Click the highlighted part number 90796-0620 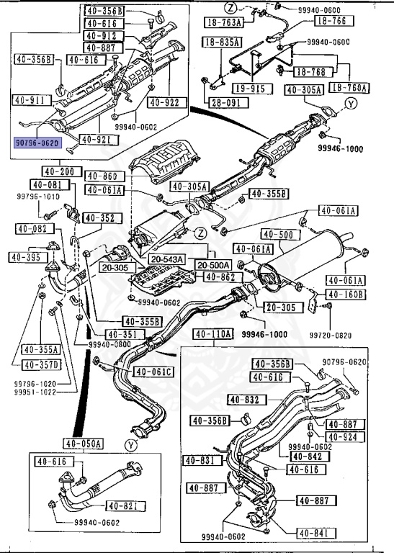coord(39,143)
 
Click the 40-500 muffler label coord(277,234)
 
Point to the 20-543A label coord(167,258)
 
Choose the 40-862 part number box coord(220,276)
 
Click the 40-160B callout coord(346,294)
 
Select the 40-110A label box coord(213,334)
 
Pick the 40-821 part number coord(124,505)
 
